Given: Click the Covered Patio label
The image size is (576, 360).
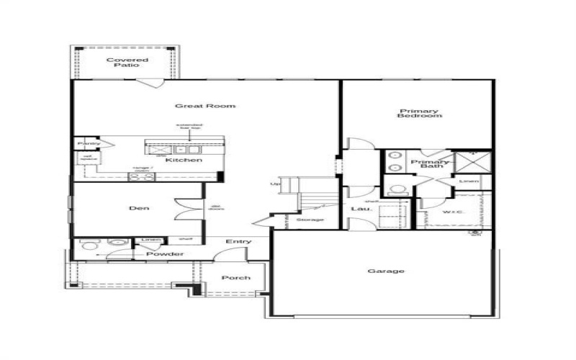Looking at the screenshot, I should pos(127,63).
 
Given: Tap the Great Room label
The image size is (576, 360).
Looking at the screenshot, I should pos(204,106).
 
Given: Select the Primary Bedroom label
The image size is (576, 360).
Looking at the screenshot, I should pos(418,113).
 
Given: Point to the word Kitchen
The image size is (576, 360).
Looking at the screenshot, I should pos(184,160).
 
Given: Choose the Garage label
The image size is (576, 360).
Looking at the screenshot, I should pos(386,271).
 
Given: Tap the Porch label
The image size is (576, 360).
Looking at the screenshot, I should pos(235,278).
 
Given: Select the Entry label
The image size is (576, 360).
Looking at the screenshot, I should pos(237,242).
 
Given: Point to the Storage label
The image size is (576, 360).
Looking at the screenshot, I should pos(310,220).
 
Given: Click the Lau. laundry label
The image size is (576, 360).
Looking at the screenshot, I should pos(358,210).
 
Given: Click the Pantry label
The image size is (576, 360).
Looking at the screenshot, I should pos(89,144).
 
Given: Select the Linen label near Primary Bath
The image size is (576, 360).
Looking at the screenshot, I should pos(468,181).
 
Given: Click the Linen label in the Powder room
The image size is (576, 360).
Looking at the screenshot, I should pos(150,240).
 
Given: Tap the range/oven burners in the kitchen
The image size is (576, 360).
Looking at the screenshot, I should pos(141,176).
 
